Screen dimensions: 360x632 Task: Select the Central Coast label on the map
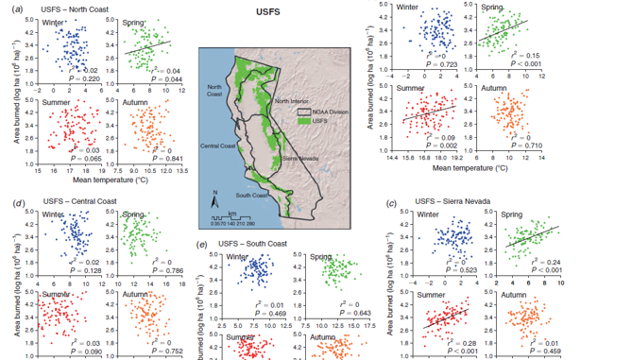[218, 147]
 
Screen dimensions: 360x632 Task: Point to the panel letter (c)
[392, 203]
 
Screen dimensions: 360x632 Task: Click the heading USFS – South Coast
[249, 244]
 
